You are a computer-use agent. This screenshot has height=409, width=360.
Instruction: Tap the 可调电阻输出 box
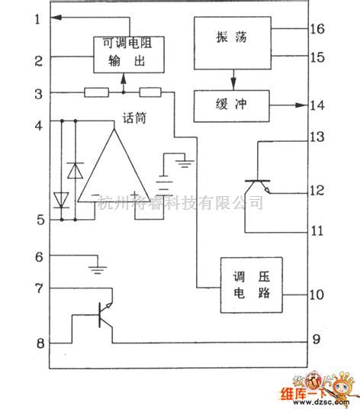click(123, 53)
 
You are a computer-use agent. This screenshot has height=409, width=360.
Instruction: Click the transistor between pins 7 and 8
click(103, 314)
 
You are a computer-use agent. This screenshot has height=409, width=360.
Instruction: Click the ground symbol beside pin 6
click(96, 266)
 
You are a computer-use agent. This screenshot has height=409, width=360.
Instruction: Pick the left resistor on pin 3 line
click(96, 93)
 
